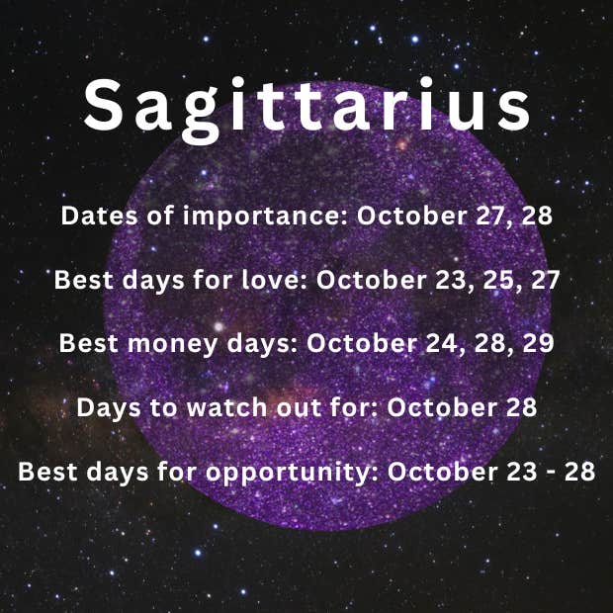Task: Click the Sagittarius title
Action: coord(307,109)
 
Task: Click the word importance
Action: coord(264,217)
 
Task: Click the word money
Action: coord(172,344)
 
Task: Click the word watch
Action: coord(226,407)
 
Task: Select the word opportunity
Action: coord(292,473)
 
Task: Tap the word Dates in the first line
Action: coord(99,216)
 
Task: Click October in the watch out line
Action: coord(442,407)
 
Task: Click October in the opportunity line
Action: coord(443,472)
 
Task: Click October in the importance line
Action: coord(411,216)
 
